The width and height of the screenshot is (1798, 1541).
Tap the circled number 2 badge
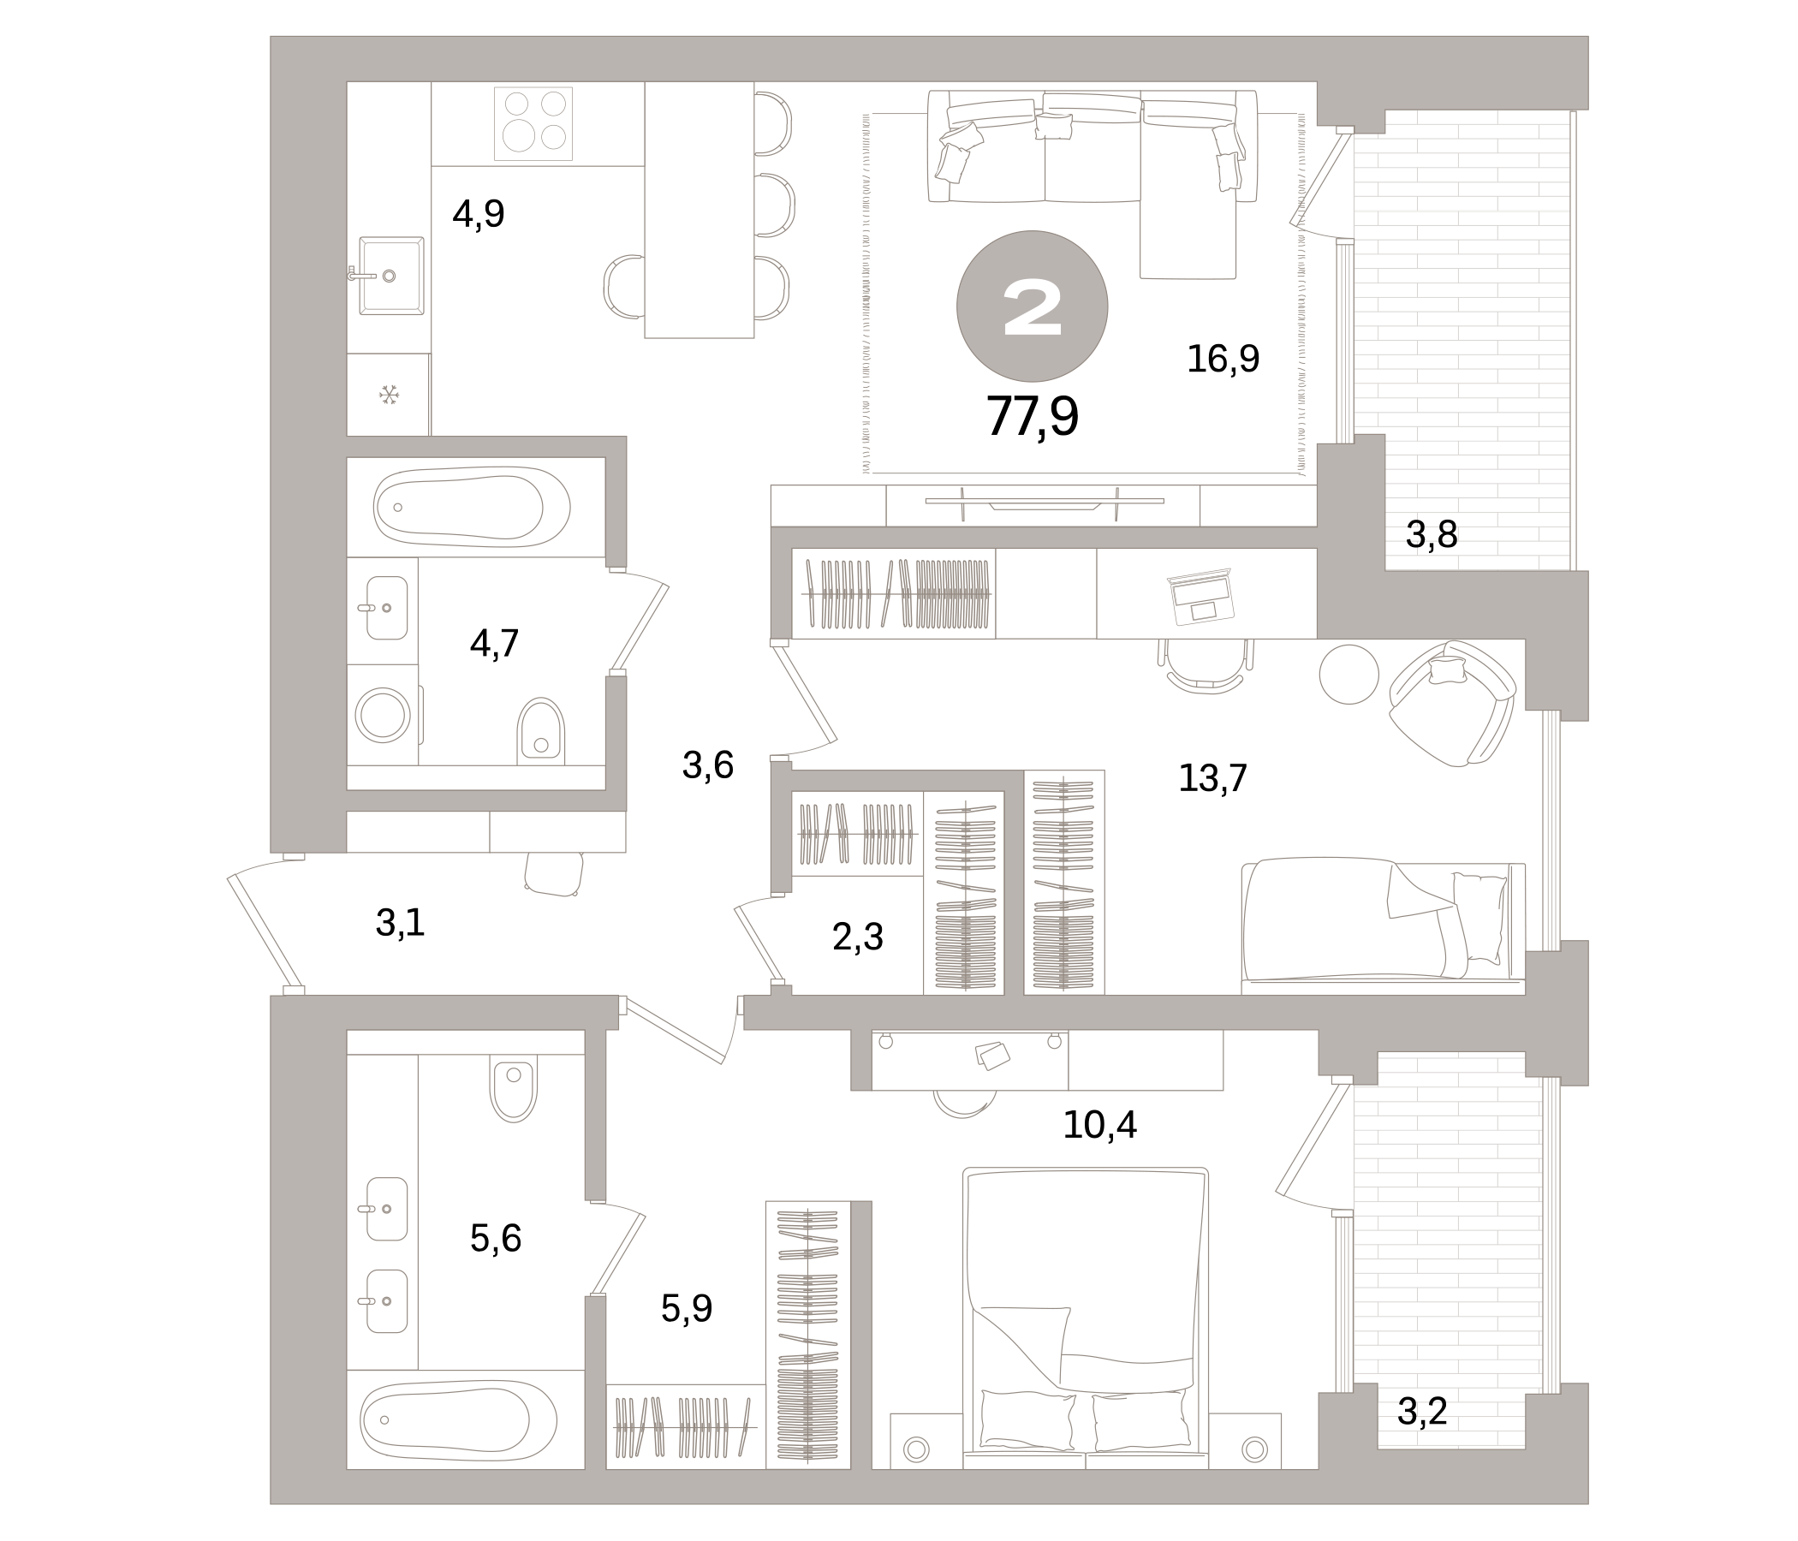1032,306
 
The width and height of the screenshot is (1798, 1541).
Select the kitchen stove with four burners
533,123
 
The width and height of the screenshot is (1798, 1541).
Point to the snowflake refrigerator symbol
389,396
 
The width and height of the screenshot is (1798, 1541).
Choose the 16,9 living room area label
1222,359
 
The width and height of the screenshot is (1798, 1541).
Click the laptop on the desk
1202,596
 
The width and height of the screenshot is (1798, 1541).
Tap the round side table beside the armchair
1348,673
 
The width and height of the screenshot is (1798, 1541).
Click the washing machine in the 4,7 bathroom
383,715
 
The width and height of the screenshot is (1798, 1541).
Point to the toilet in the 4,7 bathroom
540,731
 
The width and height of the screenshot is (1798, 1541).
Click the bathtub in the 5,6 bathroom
457,1420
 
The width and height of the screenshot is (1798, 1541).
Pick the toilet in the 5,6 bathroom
514,1090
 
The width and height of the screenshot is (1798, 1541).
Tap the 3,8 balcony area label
1431,535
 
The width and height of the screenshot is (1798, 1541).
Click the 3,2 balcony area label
1421,1412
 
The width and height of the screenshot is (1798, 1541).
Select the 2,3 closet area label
857,937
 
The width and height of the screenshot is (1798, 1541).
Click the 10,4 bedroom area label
1098,1126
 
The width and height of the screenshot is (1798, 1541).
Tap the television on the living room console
1044,502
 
